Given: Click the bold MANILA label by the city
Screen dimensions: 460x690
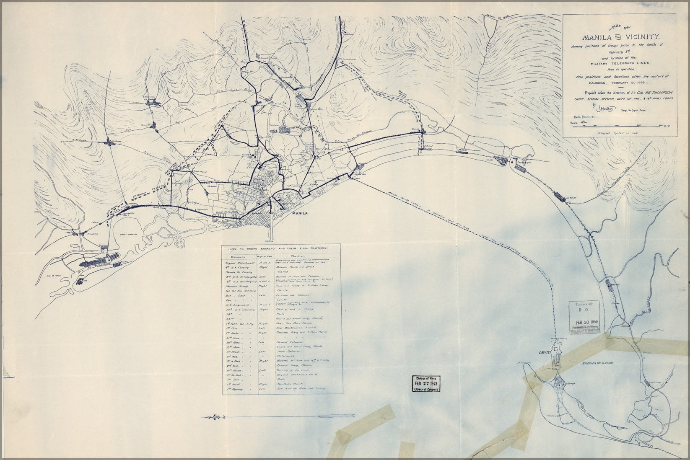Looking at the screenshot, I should point(300,214).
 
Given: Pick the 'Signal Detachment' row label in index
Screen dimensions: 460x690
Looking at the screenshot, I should point(241,261).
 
